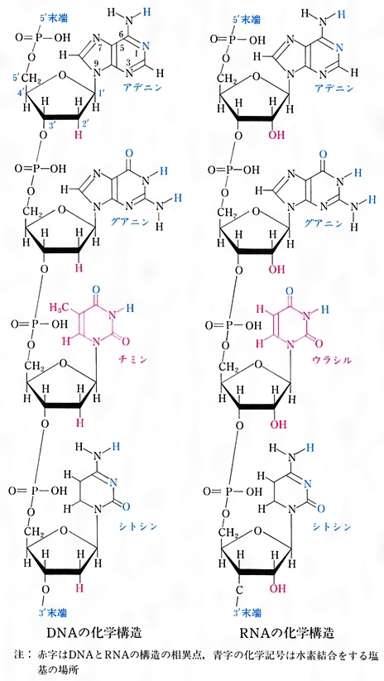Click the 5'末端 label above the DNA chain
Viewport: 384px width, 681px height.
pyautogui.click(x=55, y=20)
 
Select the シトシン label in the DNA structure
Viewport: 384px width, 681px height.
pyautogui.click(x=139, y=525)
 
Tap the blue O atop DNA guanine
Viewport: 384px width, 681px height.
pyautogui.click(x=129, y=154)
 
